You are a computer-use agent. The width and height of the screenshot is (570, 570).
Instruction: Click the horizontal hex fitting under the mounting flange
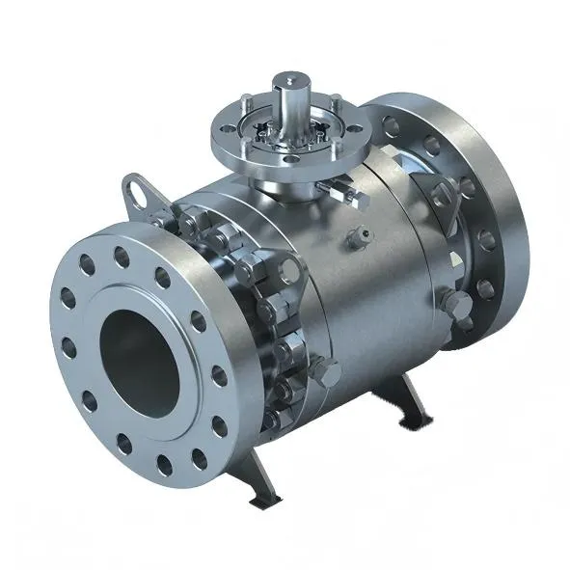tap(352, 194)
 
